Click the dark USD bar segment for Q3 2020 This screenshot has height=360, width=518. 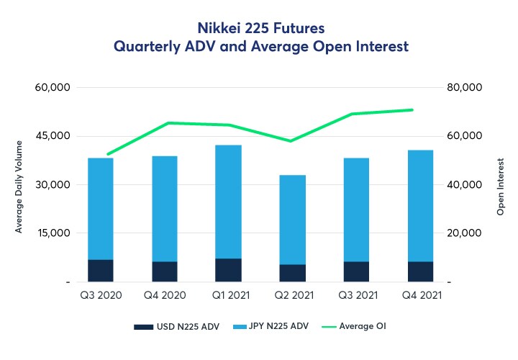[100, 270]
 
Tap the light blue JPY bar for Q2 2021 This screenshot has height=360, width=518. [292, 220]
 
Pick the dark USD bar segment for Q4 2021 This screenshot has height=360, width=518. [420, 271]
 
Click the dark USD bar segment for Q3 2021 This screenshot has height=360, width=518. [356, 271]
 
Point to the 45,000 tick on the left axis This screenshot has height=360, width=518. [53, 136]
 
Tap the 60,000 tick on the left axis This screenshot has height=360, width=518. [53, 88]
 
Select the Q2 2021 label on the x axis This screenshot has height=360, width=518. [292, 294]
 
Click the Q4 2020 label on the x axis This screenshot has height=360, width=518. [164, 294]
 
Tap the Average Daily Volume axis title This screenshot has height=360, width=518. [19, 185]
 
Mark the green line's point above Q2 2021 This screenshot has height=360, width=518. [292, 141]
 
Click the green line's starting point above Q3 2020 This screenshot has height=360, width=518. [108, 154]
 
